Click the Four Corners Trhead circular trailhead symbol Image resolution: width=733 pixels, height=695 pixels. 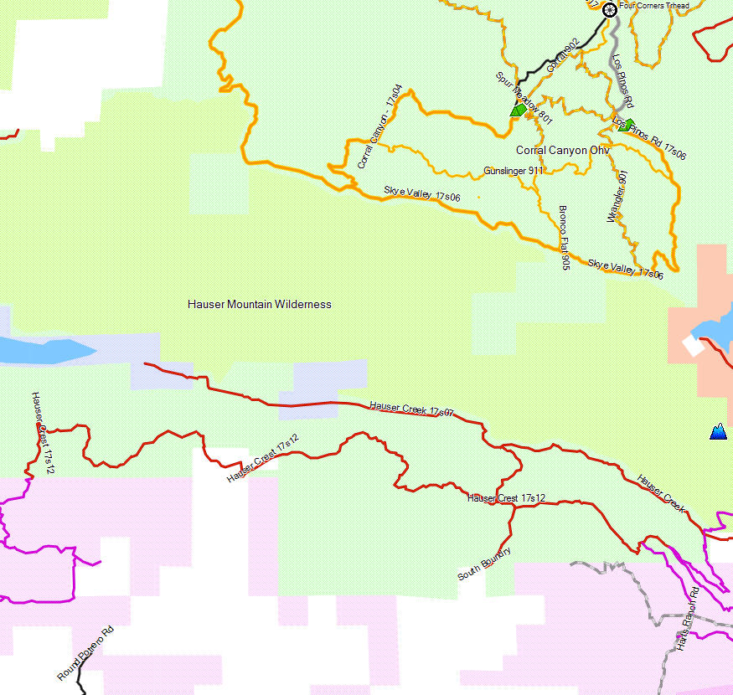610,9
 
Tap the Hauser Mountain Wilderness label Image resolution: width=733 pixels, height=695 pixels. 260,304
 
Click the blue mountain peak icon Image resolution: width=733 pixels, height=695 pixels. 718,432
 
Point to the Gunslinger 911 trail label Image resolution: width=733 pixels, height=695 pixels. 513,171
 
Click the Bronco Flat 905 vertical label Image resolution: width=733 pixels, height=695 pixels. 565,237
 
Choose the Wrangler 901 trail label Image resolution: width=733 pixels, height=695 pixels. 617,196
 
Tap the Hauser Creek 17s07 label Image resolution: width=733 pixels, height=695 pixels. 411,409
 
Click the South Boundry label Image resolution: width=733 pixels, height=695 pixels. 484,564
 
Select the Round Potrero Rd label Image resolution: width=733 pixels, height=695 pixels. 85,653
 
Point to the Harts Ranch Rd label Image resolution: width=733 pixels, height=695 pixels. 688,620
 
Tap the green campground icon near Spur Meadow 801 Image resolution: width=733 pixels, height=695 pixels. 519,109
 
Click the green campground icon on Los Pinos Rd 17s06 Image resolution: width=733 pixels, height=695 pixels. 623,125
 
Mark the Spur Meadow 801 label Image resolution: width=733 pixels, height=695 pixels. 523,95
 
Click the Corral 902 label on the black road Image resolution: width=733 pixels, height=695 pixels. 562,55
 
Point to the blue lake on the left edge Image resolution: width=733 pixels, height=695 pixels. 38,350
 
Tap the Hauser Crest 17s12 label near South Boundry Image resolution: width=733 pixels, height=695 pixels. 507,498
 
